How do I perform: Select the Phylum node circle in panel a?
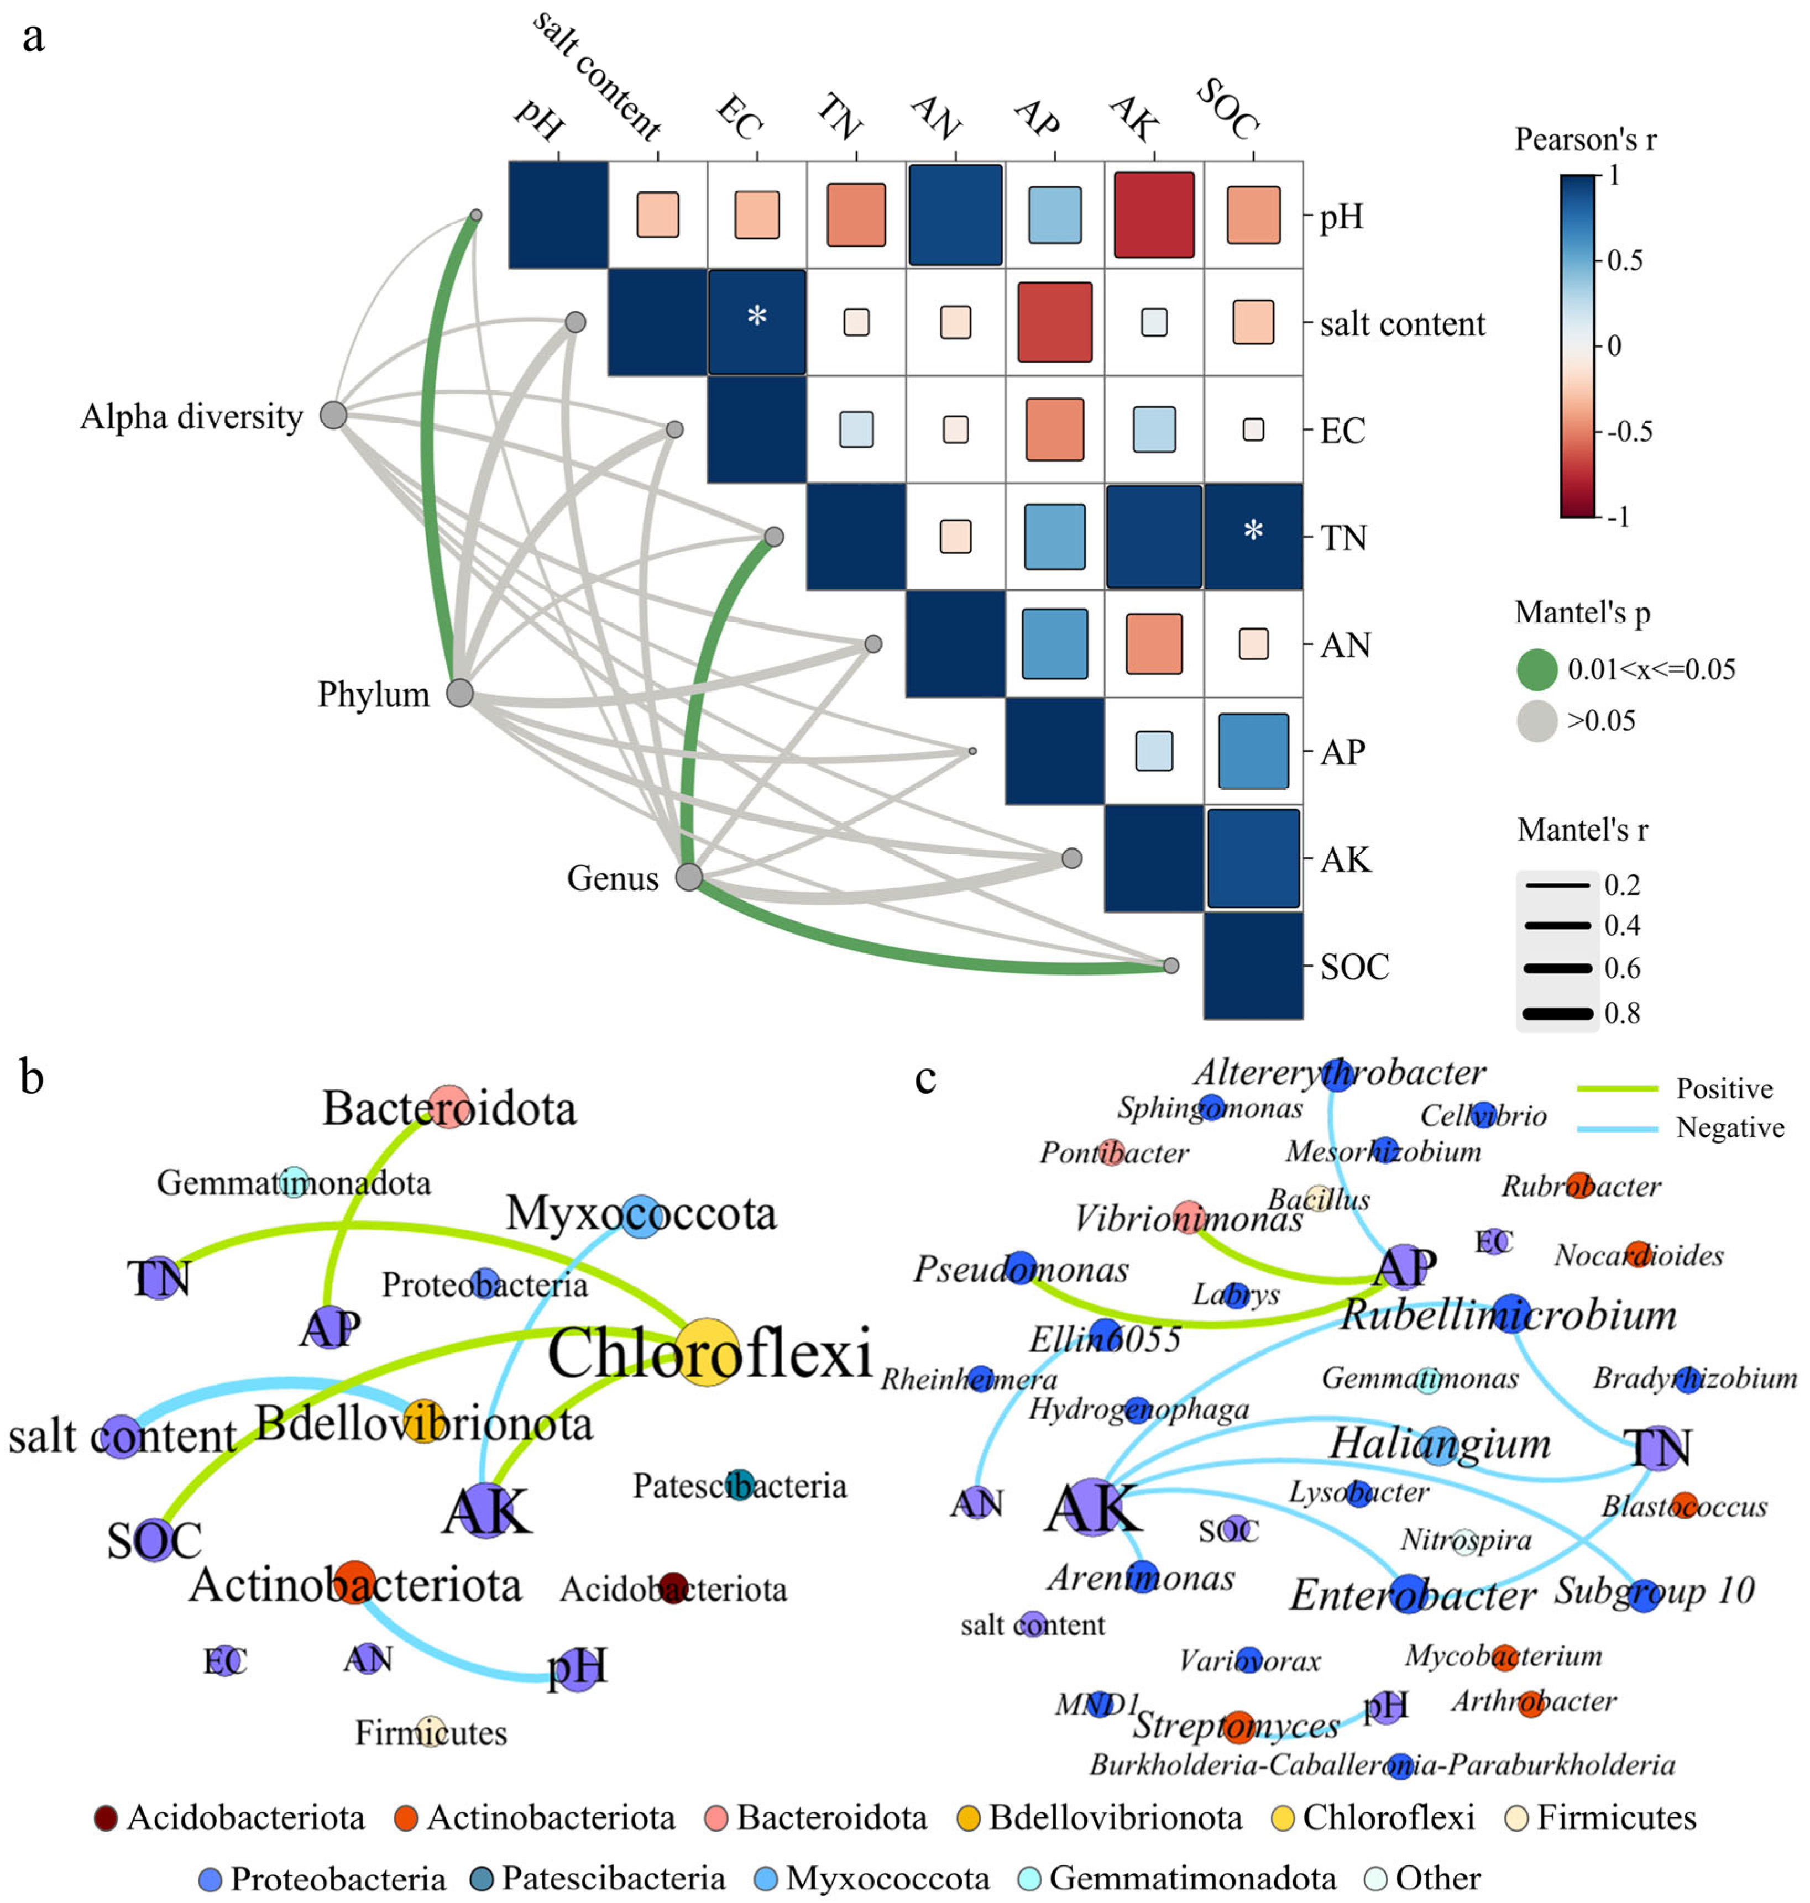[460, 693]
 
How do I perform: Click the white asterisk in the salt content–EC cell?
[757, 316]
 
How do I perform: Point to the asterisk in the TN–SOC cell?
[1253, 530]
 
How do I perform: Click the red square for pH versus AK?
[1154, 214]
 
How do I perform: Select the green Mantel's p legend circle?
[1537, 669]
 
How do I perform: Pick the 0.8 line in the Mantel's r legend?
[1557, 1013]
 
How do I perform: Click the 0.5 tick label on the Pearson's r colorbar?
[1625, 260]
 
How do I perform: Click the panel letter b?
[32, 1077]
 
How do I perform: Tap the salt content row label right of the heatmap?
[1402, 324]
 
